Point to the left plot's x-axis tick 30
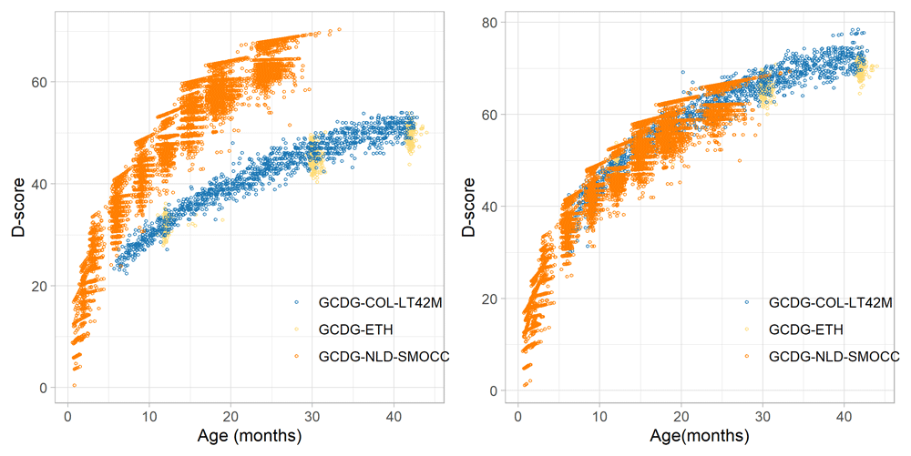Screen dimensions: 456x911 pos(312,416)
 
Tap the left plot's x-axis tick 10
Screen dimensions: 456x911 pos(149,416)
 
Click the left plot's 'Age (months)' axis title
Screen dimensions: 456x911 pos(250,436)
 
